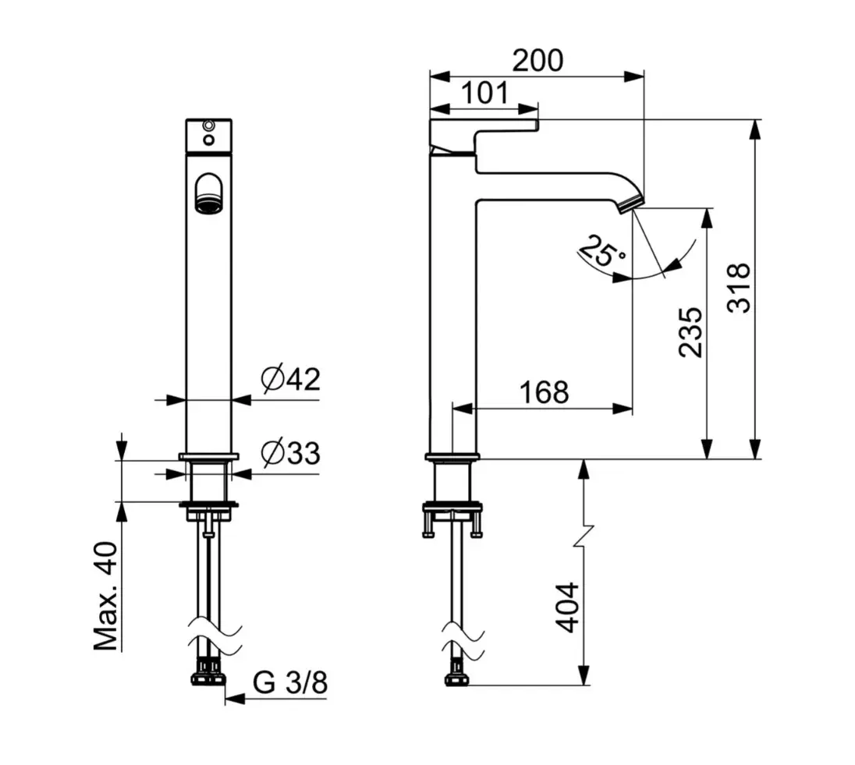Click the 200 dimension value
537,60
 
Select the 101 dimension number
484,93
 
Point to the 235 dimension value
690,331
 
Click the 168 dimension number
543,392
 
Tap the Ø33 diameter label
291,453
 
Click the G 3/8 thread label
290,683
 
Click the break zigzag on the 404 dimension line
584,537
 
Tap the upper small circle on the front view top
208,125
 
